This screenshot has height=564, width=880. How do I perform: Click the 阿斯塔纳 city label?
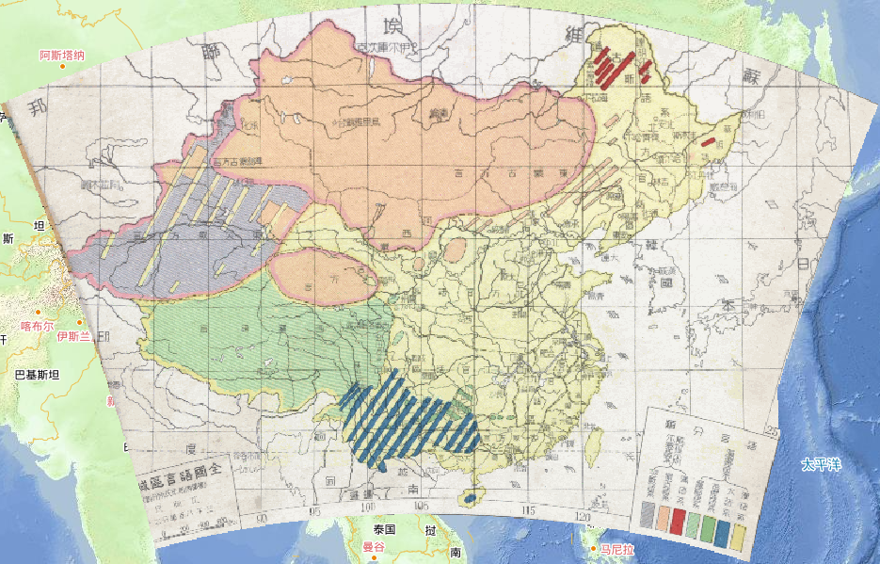click(x=62, y=56)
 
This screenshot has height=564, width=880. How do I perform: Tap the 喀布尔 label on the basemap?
click(x=39, y=326)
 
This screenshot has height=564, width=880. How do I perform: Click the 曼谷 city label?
click(x=375, y=546)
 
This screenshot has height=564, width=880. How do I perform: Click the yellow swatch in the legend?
click(x=740, y=538)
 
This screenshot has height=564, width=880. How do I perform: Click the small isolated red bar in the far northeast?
click(x=708, y=142)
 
